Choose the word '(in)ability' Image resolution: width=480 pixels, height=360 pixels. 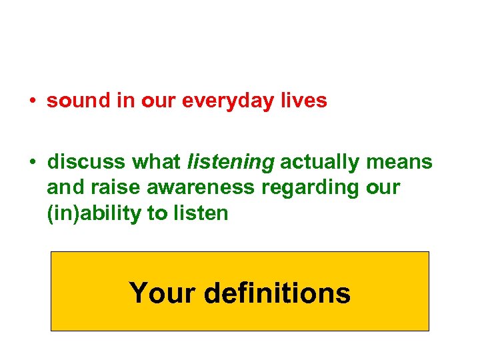93,213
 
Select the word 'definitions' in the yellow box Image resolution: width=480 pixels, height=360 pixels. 278,293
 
